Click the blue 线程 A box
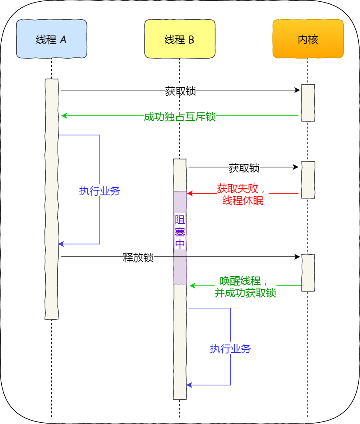point(51,39)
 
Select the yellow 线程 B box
point(180,39)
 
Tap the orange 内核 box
point(308,39)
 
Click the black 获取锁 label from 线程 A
point(180,91)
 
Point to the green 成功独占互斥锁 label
point(180,116)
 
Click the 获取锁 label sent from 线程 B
point(244,168)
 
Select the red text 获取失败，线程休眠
point(242,194)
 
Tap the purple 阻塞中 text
point(180,232)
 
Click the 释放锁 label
point(138,258)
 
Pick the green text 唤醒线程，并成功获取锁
point(245,286)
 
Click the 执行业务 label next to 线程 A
point(100,191)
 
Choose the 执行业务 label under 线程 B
point(230,348)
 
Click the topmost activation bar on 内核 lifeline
point(308,103)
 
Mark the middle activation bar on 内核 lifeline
point(308,180)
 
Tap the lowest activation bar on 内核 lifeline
point(308,273)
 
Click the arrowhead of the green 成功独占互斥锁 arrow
point(64,115)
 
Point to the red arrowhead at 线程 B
point(189,194)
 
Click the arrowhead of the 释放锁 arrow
point(298,257)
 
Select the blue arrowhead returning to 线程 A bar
point(61,244)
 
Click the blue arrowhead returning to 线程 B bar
point(189,385)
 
